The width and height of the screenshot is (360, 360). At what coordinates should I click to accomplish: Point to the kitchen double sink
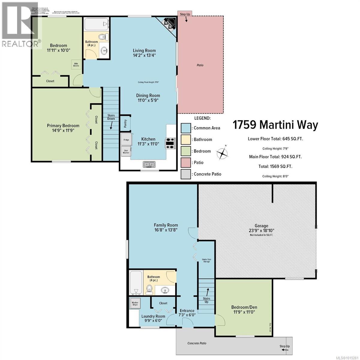tap(149, 164)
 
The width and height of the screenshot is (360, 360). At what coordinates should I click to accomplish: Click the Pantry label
tap(125, 123)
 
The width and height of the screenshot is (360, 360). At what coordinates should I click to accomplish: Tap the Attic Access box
tap(76, 64)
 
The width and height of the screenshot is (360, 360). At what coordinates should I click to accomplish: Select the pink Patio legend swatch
tap(186, 163)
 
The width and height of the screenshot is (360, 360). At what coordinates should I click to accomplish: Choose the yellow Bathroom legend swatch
tap(186, 139)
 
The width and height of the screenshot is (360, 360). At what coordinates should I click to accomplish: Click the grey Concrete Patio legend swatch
tap(186, 174)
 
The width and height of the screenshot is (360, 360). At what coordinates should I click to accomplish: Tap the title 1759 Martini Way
tap(275, 125)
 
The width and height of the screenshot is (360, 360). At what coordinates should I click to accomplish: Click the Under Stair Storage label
tap(206, 260)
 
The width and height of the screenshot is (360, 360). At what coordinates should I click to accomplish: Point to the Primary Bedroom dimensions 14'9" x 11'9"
tap(63, 130)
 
